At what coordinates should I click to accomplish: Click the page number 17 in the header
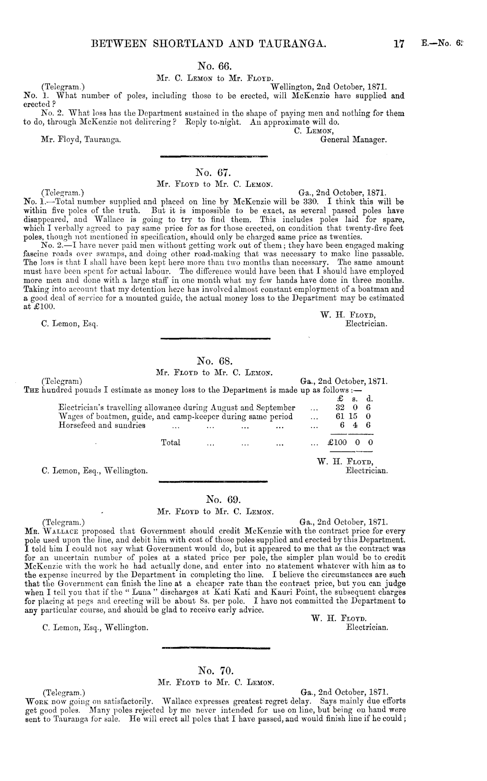coord(398,43)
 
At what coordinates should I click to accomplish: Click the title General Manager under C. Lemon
coord(354,140)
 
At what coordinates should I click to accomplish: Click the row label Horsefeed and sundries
coord(102,425)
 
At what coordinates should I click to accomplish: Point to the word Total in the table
coord(170,442)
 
